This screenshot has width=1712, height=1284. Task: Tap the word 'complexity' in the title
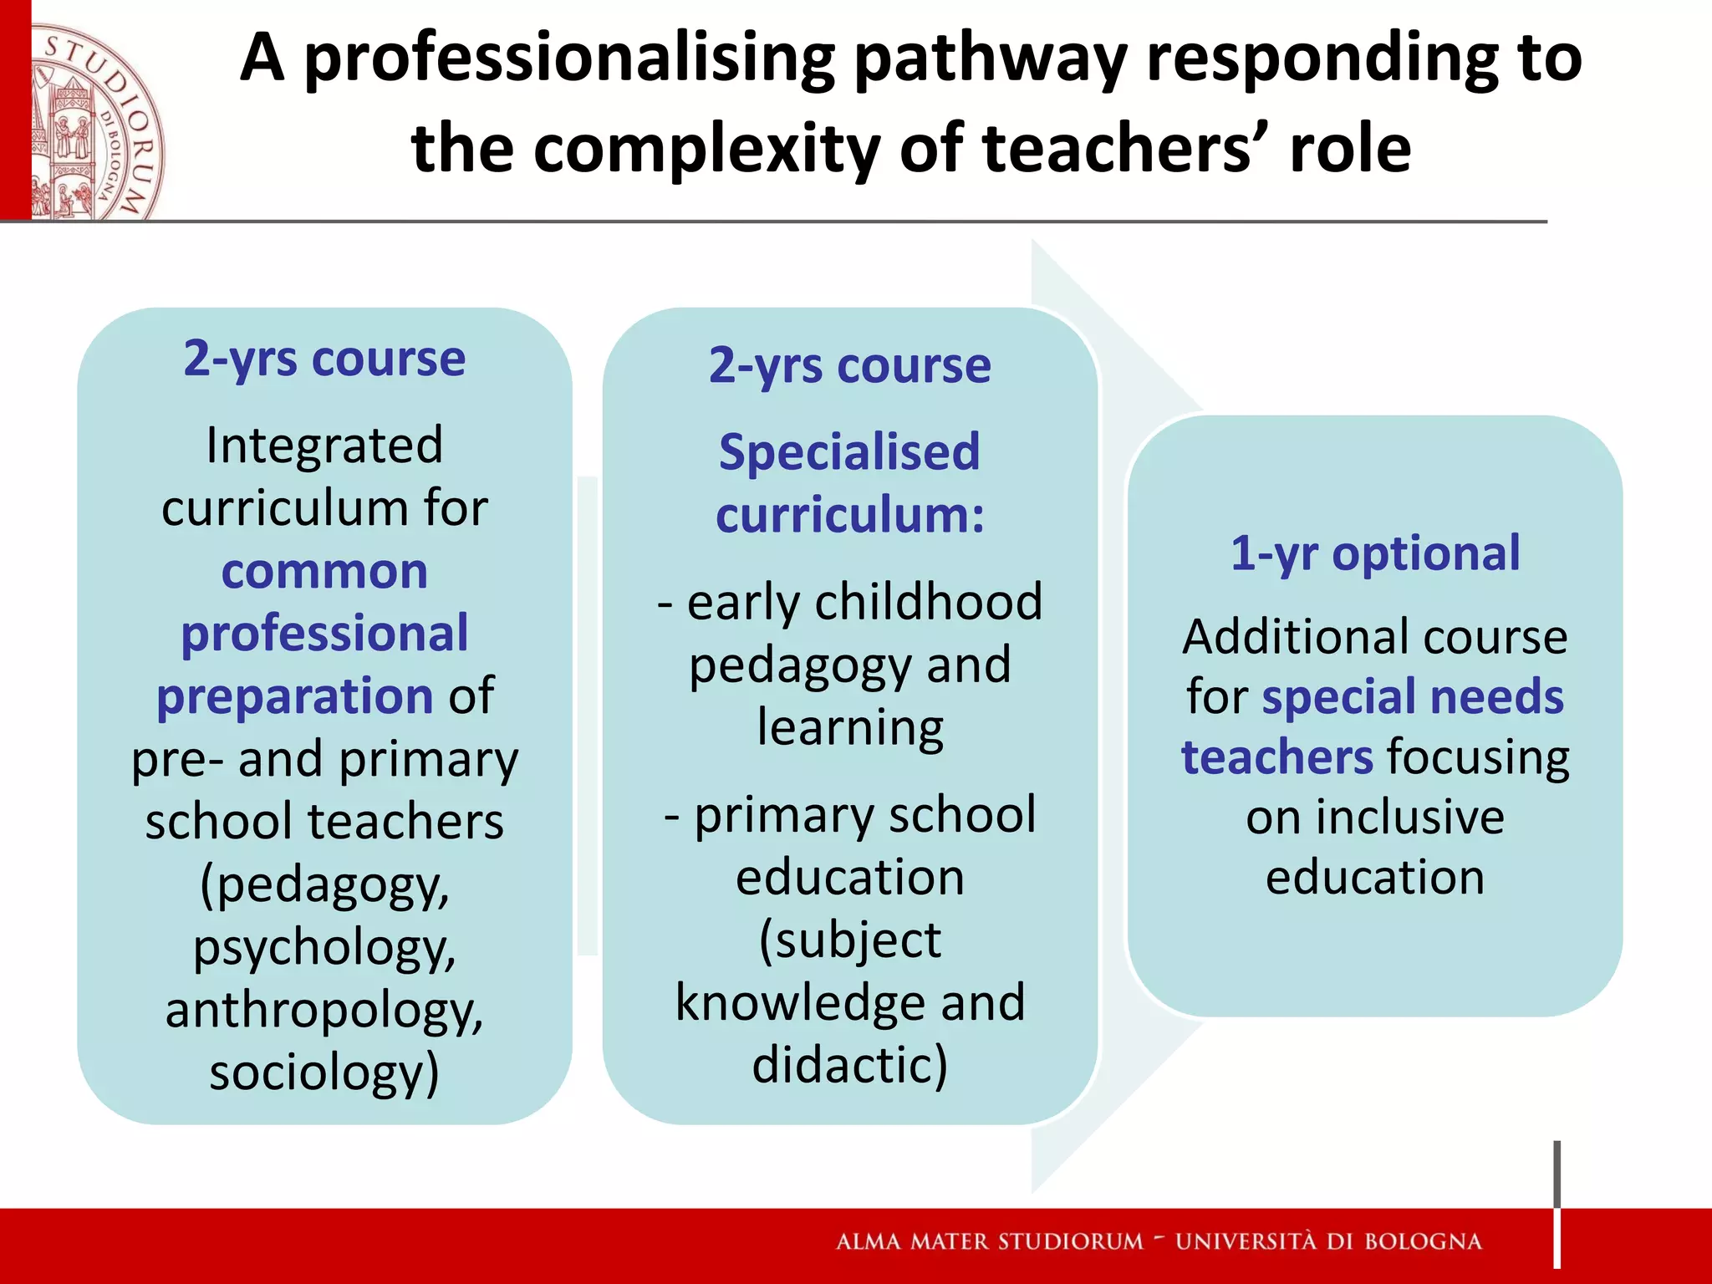706,149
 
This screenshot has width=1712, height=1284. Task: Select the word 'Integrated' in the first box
324,445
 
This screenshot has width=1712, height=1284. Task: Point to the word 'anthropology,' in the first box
324,1010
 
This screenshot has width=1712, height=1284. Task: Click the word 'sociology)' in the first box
324,1073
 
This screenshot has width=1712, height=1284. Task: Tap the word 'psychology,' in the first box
324,948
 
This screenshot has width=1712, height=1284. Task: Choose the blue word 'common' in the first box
324,571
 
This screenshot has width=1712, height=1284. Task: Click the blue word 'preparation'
294,696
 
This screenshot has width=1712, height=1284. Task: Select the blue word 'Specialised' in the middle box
849,452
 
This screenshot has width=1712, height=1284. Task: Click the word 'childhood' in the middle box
929,601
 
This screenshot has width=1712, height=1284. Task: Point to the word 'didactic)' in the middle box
849,1064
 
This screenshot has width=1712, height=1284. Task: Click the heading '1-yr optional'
1375,553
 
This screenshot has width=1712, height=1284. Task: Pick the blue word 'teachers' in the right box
1276,757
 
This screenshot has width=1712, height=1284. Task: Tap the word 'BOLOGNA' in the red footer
1423,1241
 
